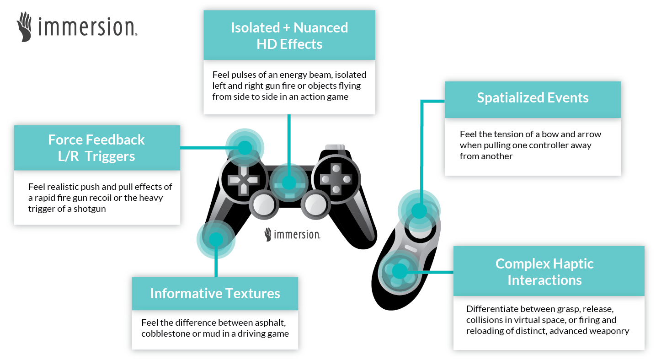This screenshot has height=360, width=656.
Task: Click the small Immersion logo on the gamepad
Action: [293, 235]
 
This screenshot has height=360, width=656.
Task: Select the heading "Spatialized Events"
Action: [533, 98]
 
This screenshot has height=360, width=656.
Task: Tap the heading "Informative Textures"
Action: [215, 294]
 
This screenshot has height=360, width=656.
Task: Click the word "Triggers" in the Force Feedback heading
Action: [110, 156]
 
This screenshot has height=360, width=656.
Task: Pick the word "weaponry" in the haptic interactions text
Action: [611, 331]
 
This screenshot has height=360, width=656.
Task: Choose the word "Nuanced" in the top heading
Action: [320, 28]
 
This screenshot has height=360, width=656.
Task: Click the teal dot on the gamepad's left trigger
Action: [245, 147]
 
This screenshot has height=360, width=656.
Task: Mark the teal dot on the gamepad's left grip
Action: [216, 239]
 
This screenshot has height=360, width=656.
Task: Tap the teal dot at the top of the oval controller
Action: [419, 211]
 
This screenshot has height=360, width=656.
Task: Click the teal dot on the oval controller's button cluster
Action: [399, 271]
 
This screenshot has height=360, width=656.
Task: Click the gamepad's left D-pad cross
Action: [243, 179]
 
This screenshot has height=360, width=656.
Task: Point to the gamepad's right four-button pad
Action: [335, 179]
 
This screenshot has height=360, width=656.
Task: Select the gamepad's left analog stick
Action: [262, 202]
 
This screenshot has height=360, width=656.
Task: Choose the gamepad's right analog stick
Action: [315, 202]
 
